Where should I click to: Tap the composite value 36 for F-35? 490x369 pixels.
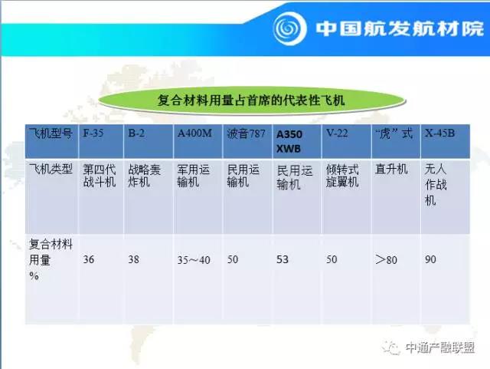tap(89, 259)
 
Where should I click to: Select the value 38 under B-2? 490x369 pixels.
tap(133, 259)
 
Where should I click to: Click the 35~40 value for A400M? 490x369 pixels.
tap(194, 259)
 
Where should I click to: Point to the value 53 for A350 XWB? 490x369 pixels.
tap(283, 259)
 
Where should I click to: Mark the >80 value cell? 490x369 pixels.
tap(386, 259)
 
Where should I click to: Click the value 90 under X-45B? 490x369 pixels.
tap(430, 259)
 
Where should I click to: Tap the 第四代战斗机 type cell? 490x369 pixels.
tap(99, 176)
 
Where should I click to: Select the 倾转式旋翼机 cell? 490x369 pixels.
tap(342, 176)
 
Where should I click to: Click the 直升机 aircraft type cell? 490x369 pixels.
tap(391, 170)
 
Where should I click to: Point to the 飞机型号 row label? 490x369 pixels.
tap(51, 133)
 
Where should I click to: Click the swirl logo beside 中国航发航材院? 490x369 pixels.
tap(289, 28)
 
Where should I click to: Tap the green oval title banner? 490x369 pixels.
tap(252, 100)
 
